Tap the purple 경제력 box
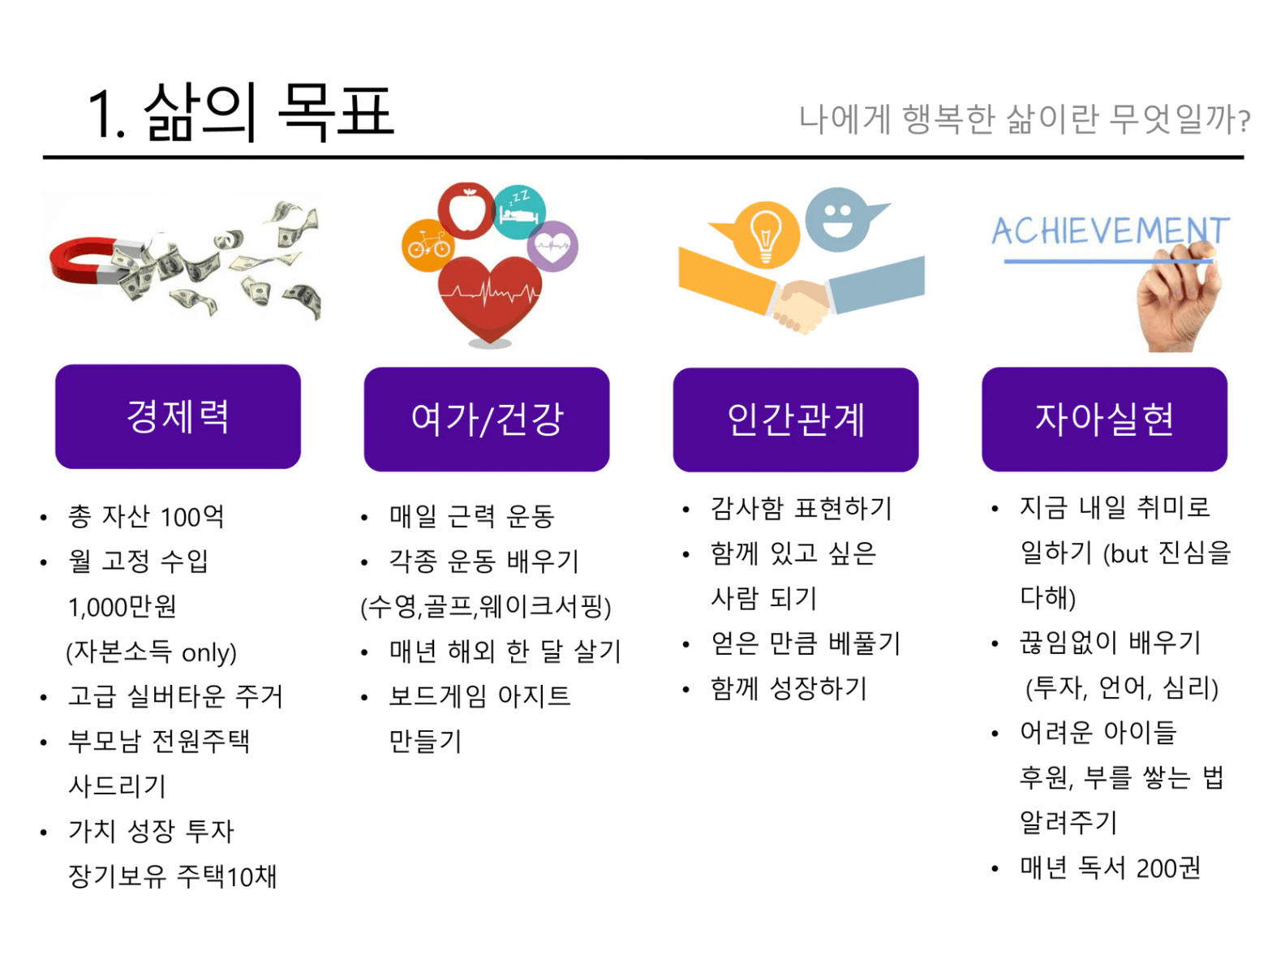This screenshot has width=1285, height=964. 178,416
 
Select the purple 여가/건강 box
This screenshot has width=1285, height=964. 487,419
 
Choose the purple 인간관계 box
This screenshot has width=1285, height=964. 796,419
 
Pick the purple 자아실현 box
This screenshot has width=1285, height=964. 1104,419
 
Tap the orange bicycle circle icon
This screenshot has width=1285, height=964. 428,245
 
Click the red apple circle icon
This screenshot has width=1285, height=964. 466,210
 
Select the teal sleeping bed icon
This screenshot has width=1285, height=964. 519,213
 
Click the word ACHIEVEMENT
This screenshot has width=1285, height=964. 1110,231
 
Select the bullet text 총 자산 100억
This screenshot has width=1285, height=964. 146,516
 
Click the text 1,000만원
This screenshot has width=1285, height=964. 122,607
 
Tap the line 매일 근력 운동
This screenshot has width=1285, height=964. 471,516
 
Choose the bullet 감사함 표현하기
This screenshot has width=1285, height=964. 801,509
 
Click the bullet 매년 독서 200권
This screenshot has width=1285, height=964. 1109,868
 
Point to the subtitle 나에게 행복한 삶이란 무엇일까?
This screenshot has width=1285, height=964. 1024,120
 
